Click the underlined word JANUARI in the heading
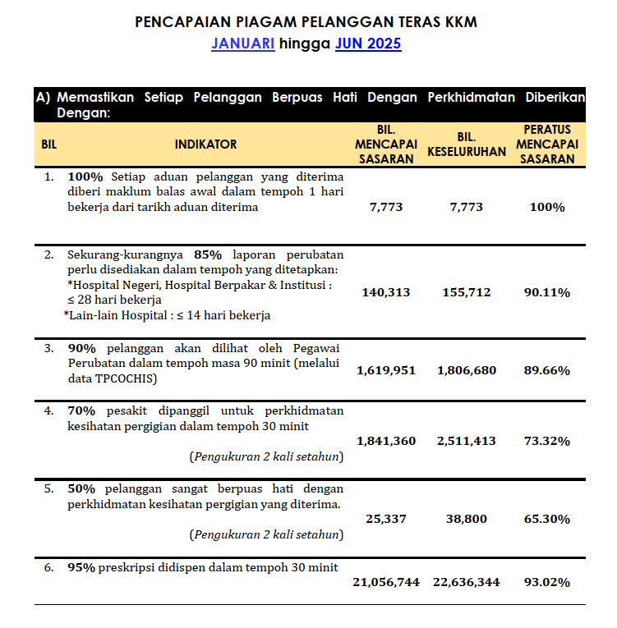point(243,44)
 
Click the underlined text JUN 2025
point(368,44)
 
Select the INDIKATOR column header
point(205,144)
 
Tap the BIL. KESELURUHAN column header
point(467,144)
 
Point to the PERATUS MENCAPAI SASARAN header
point(547,144)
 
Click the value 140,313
point(386,292)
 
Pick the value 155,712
point(467,292)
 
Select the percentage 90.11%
point(547,292)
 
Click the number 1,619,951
point(386,370)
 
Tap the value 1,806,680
point(467,370)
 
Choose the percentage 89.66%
point(547,370)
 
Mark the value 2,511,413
point(467,441)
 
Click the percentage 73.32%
point(547,441)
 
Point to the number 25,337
point(386,519)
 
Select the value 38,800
point(467,519)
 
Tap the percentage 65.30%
point(547,519)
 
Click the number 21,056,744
point(386,582)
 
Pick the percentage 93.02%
point(547,582)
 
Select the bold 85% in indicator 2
point(208,254)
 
